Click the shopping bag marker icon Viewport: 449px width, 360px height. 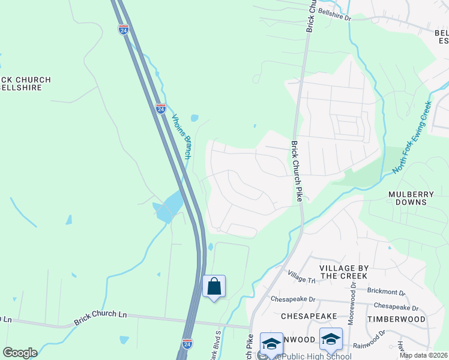214,287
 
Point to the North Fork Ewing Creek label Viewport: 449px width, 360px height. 412,137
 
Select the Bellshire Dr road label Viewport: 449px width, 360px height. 334,14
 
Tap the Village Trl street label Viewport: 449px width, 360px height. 301,277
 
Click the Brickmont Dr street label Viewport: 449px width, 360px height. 386,291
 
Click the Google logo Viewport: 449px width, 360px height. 20,353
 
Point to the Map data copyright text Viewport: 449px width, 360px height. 423,355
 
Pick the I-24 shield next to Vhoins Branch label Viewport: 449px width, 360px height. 161,109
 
